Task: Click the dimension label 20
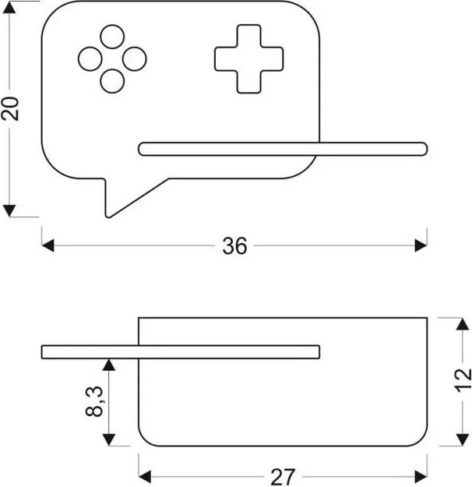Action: tap(11, 108)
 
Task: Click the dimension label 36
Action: tap(234, 245)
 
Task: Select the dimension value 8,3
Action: tap(93, 401)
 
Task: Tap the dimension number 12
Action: tap(463, 381)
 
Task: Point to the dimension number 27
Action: tap(282, 477)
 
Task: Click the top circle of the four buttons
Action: tap(112, 37)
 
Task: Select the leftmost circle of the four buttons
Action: tap(90, 59)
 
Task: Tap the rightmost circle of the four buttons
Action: tap(135, 59)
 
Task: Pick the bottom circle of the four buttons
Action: tap(112, 81)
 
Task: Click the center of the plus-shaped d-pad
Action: tap(248, 59)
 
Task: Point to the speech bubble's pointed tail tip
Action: tap(107, 216)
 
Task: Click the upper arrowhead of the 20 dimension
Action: tap(9, 8)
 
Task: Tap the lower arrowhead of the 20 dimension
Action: tap(9, 210)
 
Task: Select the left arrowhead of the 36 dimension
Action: tap(48, 245)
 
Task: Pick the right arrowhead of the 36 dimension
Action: tap(421, 245)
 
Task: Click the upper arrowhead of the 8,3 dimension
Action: tap(109, 365)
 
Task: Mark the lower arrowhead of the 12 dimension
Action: tap(463, 439)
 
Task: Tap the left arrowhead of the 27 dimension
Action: tap(145, 477)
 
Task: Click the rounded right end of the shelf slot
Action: tap(424, 149)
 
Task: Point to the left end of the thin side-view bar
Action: tap(42, 352)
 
